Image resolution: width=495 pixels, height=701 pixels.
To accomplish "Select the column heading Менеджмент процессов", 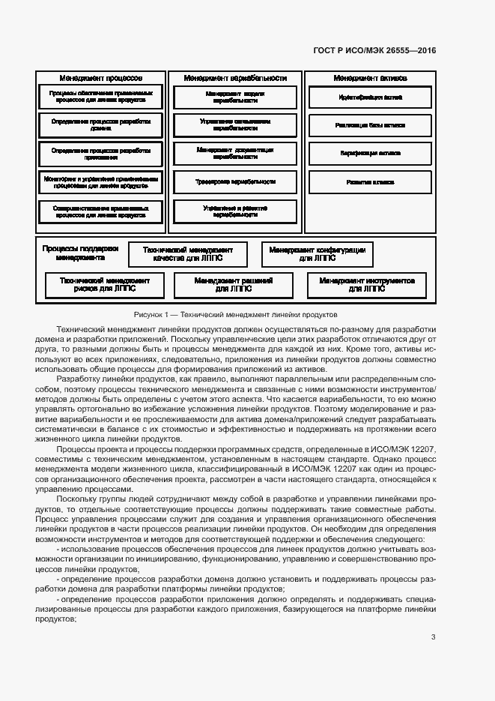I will tap(100, 78).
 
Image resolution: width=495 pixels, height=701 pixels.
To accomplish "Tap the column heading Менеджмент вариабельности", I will tap(235, 78).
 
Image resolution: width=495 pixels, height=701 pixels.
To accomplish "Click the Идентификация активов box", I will tap(370, 97).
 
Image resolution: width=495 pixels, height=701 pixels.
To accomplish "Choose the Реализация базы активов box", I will tap(370, 125).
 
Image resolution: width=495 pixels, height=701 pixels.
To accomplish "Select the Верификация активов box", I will tap(370, 153).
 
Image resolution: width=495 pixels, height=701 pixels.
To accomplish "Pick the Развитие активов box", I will tap(370, 181).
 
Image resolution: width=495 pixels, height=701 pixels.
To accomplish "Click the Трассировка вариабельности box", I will tap(235, 181).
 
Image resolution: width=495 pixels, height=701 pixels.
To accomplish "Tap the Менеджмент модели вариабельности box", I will tap(235, 97).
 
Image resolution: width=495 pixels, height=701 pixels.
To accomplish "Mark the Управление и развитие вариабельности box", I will tap(235, 211).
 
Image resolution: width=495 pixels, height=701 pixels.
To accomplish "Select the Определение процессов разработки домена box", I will tap(100, 125).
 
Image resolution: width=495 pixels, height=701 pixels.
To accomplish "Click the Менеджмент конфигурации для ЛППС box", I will tap(317, 254).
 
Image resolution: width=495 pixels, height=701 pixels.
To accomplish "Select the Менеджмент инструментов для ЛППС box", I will tap(367, 284).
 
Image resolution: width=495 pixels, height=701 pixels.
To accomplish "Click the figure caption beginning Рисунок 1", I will tap(236, 315).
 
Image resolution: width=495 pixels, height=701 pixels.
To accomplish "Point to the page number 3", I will tap(433, 637).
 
